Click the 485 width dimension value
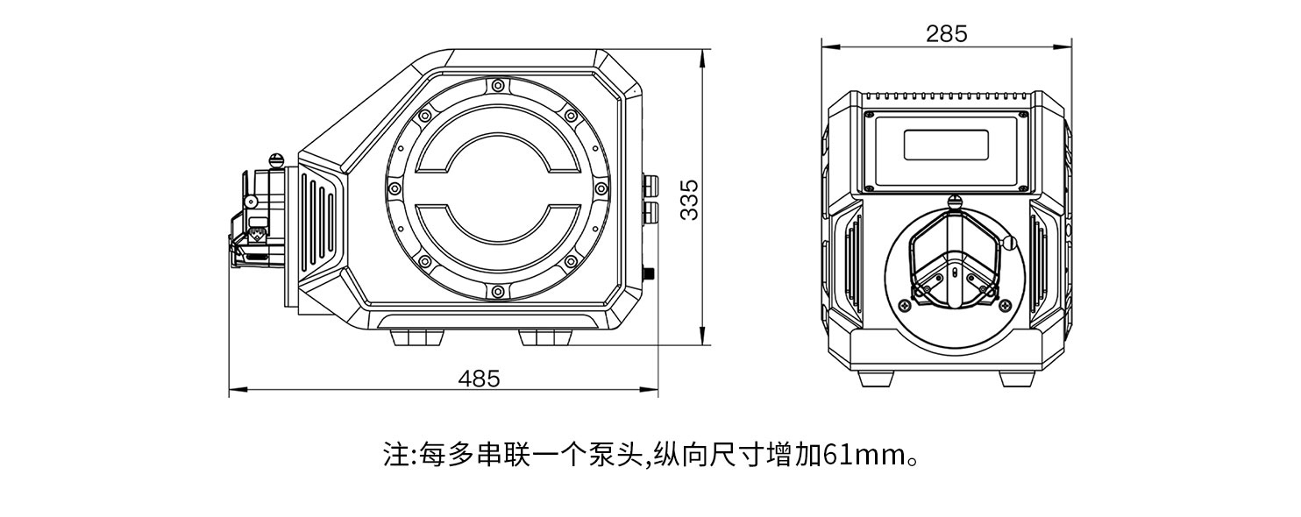479,379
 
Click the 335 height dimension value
689,200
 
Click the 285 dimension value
946,33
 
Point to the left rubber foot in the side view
416,337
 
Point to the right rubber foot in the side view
545,337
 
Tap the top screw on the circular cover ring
497,85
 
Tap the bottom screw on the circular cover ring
497,291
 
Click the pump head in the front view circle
955,258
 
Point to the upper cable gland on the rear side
650,185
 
